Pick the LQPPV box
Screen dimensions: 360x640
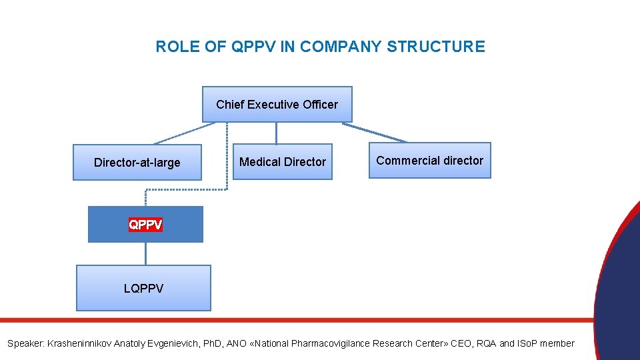(x=143, y=289)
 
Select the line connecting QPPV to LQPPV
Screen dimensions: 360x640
(x=145, y=253)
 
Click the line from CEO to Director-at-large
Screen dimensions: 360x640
(x=184, y=133)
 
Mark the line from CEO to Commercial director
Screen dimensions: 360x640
(x=375, y=132)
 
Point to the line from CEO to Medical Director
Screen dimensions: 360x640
(x=276, y=133)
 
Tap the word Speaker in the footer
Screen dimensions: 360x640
(x=25, y=343)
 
